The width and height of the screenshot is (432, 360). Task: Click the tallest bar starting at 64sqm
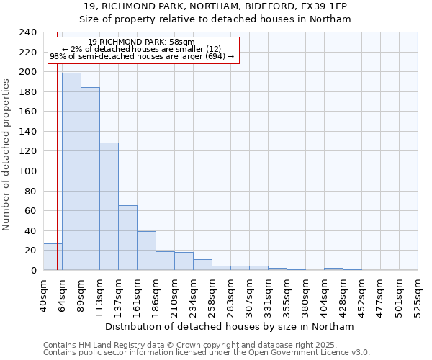tap(71, 171)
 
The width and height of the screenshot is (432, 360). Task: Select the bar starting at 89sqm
tap(90, 179)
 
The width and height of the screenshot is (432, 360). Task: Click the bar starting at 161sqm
tap(146, 251)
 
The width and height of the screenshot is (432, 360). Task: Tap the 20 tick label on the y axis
tap(31, 251)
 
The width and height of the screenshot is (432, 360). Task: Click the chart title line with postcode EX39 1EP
tap(215, 6)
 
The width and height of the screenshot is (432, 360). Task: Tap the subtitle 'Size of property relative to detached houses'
tap(215, 19)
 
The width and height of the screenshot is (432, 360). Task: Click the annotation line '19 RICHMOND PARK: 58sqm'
tap(141, 42)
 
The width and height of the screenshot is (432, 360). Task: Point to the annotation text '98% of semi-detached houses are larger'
tap(141, 56)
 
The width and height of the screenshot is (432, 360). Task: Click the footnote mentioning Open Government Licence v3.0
tap(207, 353)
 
